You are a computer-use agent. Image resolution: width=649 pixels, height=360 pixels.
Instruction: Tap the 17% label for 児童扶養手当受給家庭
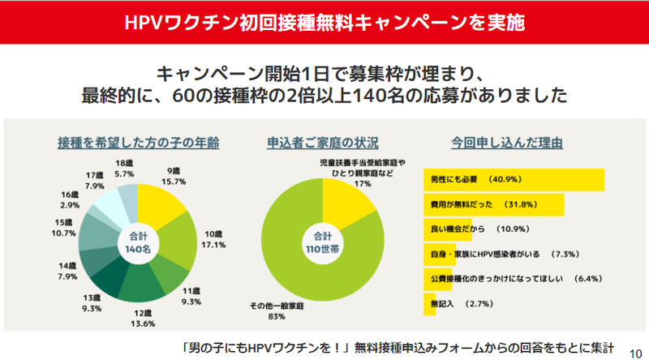[363, 183]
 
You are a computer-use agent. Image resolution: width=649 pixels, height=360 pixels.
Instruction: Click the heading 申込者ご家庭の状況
[322, 143]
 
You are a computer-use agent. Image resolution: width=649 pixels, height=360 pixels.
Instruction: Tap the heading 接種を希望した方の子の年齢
[138, 143]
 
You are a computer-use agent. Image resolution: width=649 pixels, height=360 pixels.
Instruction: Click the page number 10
[635, 346]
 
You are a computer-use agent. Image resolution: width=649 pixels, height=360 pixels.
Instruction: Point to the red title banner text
[324, 21]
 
